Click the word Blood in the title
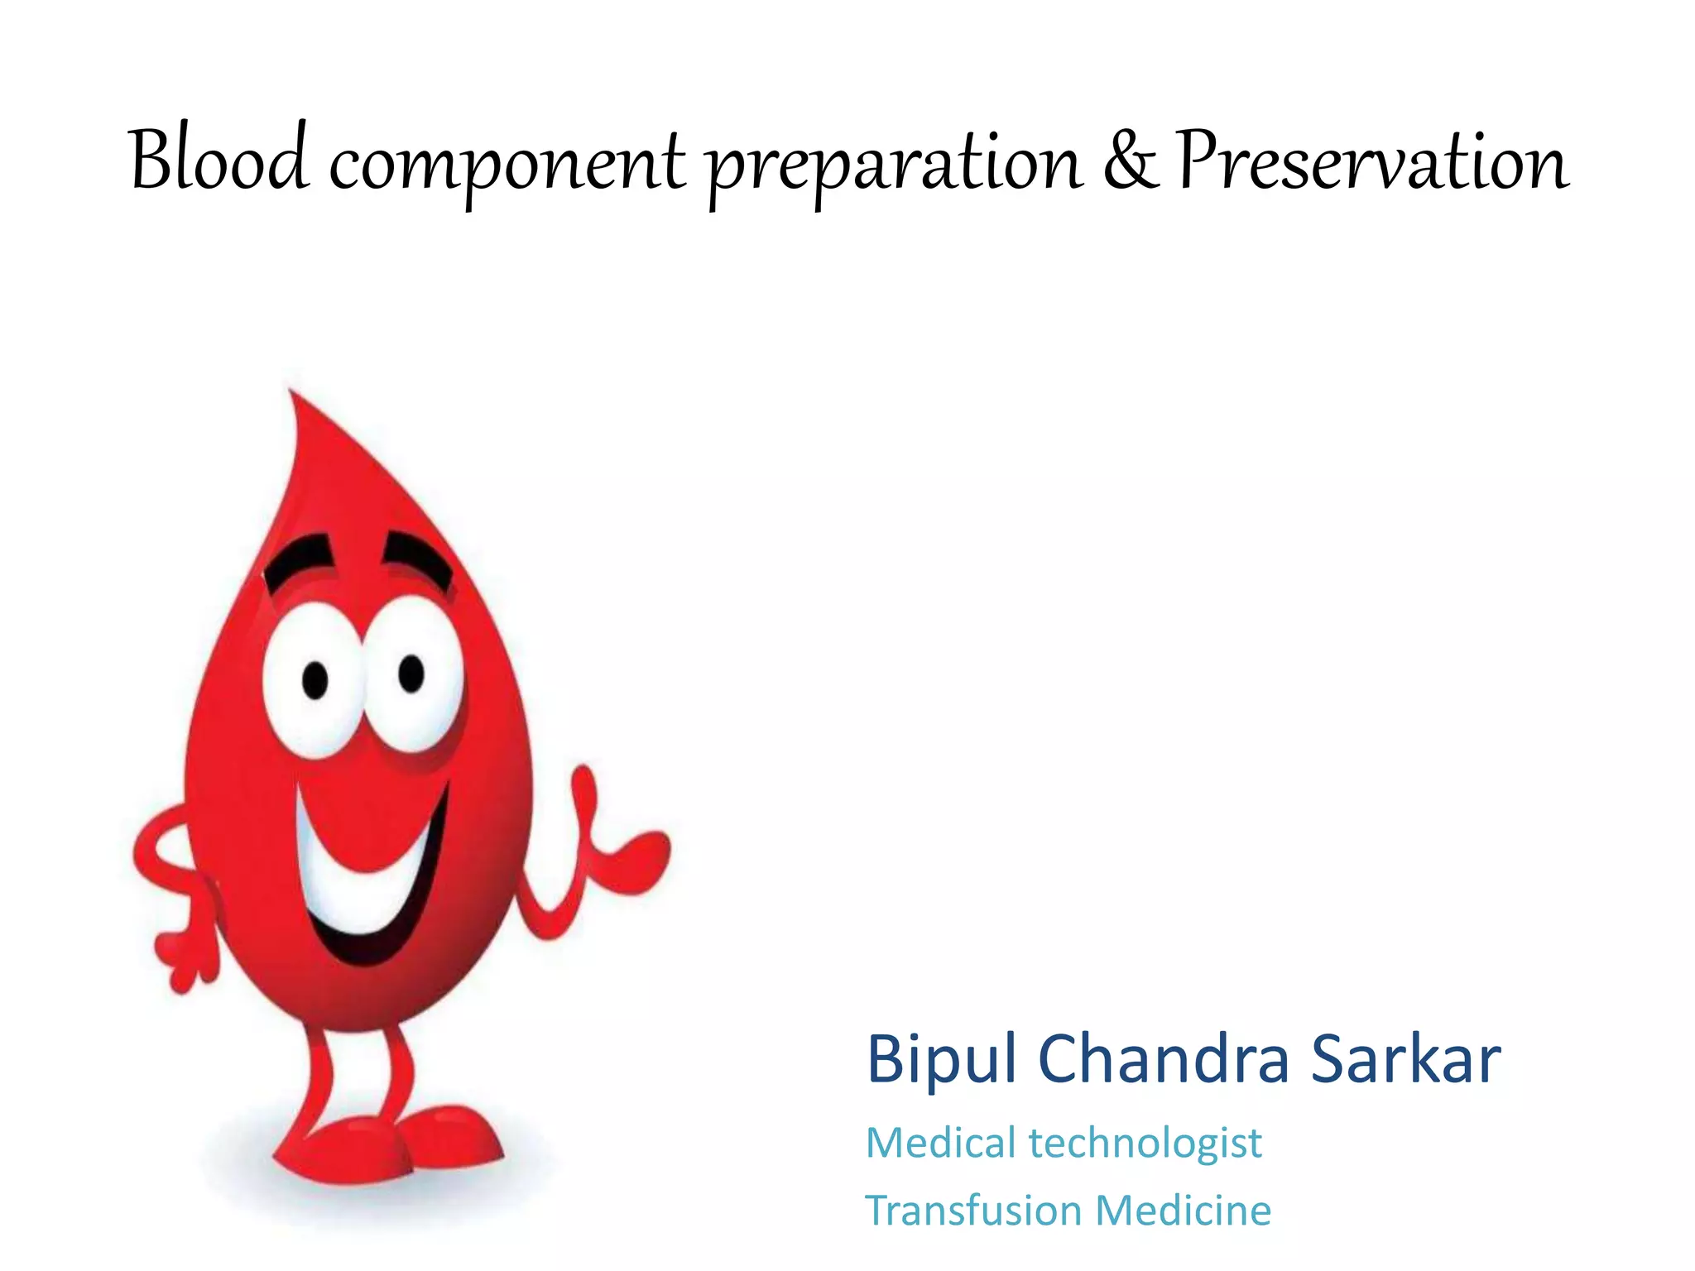point(219,161)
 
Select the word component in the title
point(507,165)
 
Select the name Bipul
point(940,1060)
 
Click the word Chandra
point(1163,1060)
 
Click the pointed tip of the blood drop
point(291,396)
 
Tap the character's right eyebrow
point(420,559)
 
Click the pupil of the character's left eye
point(315,680)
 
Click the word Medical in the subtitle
point(940,1144)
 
